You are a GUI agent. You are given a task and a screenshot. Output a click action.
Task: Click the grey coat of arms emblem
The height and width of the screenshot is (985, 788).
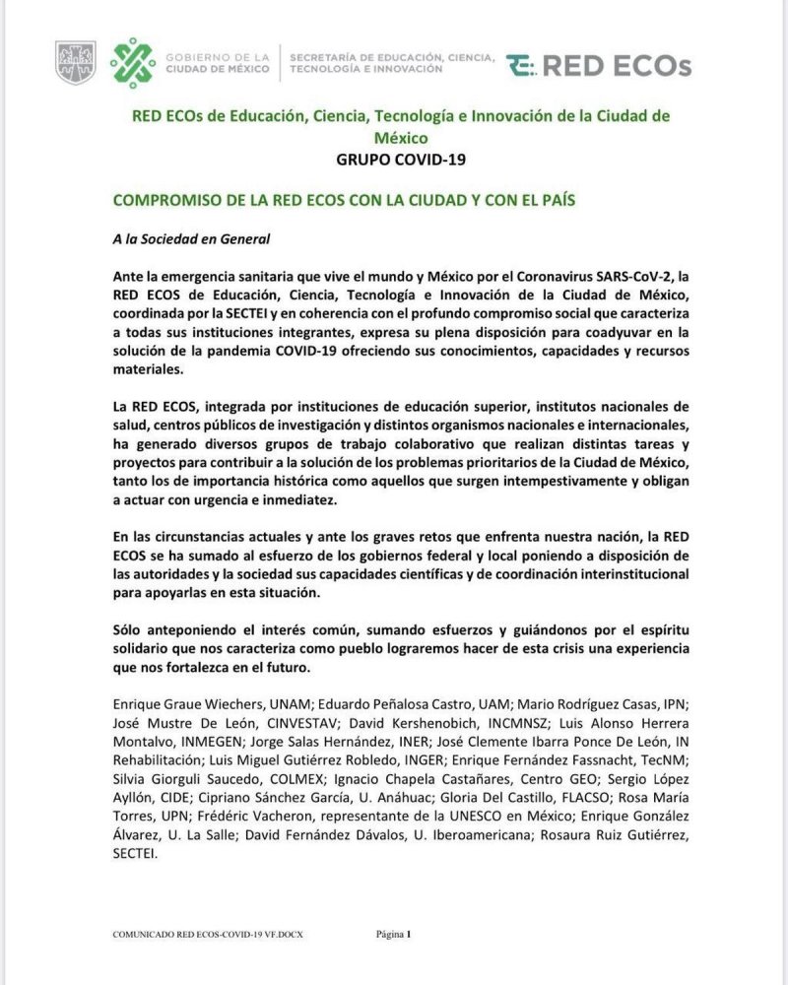(x=76, y=62)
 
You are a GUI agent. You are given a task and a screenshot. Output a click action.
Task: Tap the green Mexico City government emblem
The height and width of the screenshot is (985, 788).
(x=133, y=63)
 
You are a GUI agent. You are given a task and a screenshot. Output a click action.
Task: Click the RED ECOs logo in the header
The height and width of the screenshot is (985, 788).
(x=599, y=66)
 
